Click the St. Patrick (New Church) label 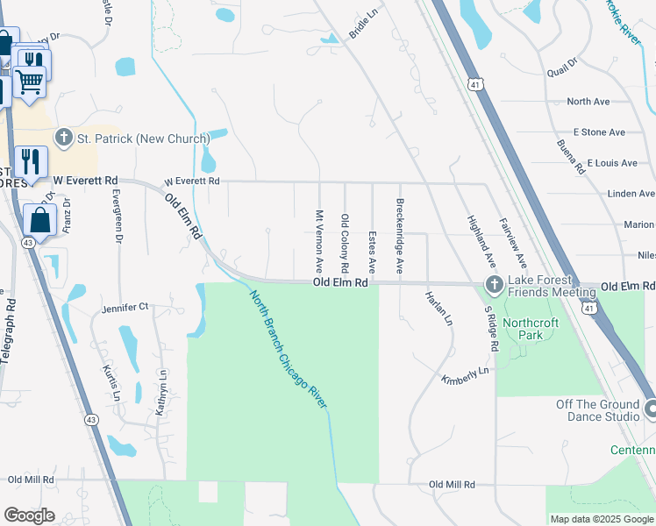click(x=143, y=139)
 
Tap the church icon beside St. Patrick click(x=63, y=138)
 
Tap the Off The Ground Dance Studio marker click(x=651, y=409)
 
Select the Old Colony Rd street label click(x=345, y=242)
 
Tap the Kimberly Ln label click(x=464, y=375)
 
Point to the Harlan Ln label click(x=439, y=309)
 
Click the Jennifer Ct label click(x=125, y=308)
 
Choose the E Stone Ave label click(x=599, y=132)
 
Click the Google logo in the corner click(x=30, y=515)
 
